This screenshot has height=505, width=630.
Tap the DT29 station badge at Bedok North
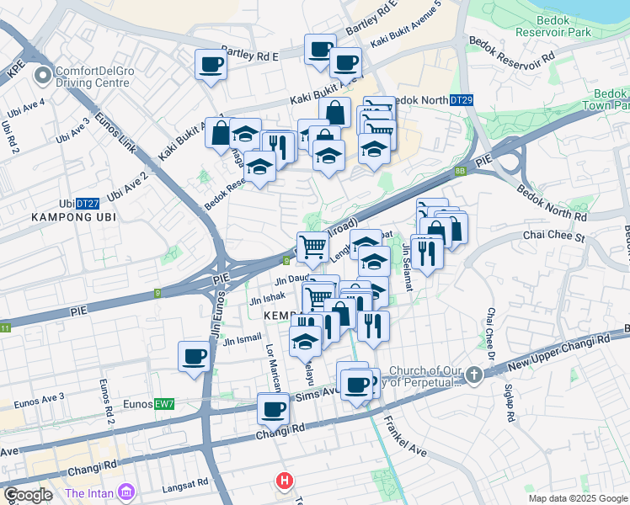point(461,100)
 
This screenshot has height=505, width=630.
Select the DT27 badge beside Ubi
point(88,204)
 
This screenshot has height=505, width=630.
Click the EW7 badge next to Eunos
point(164,405)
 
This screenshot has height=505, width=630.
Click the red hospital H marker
point(285,481)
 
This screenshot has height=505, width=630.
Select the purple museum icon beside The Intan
point(127,492)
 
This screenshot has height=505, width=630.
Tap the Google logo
point(28,495)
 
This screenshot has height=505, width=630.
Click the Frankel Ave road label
point(406,439)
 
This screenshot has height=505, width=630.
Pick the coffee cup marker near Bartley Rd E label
point(210,64)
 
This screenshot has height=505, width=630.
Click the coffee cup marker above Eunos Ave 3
point(194,357)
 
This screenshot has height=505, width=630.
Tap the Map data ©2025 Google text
point(577,498)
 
